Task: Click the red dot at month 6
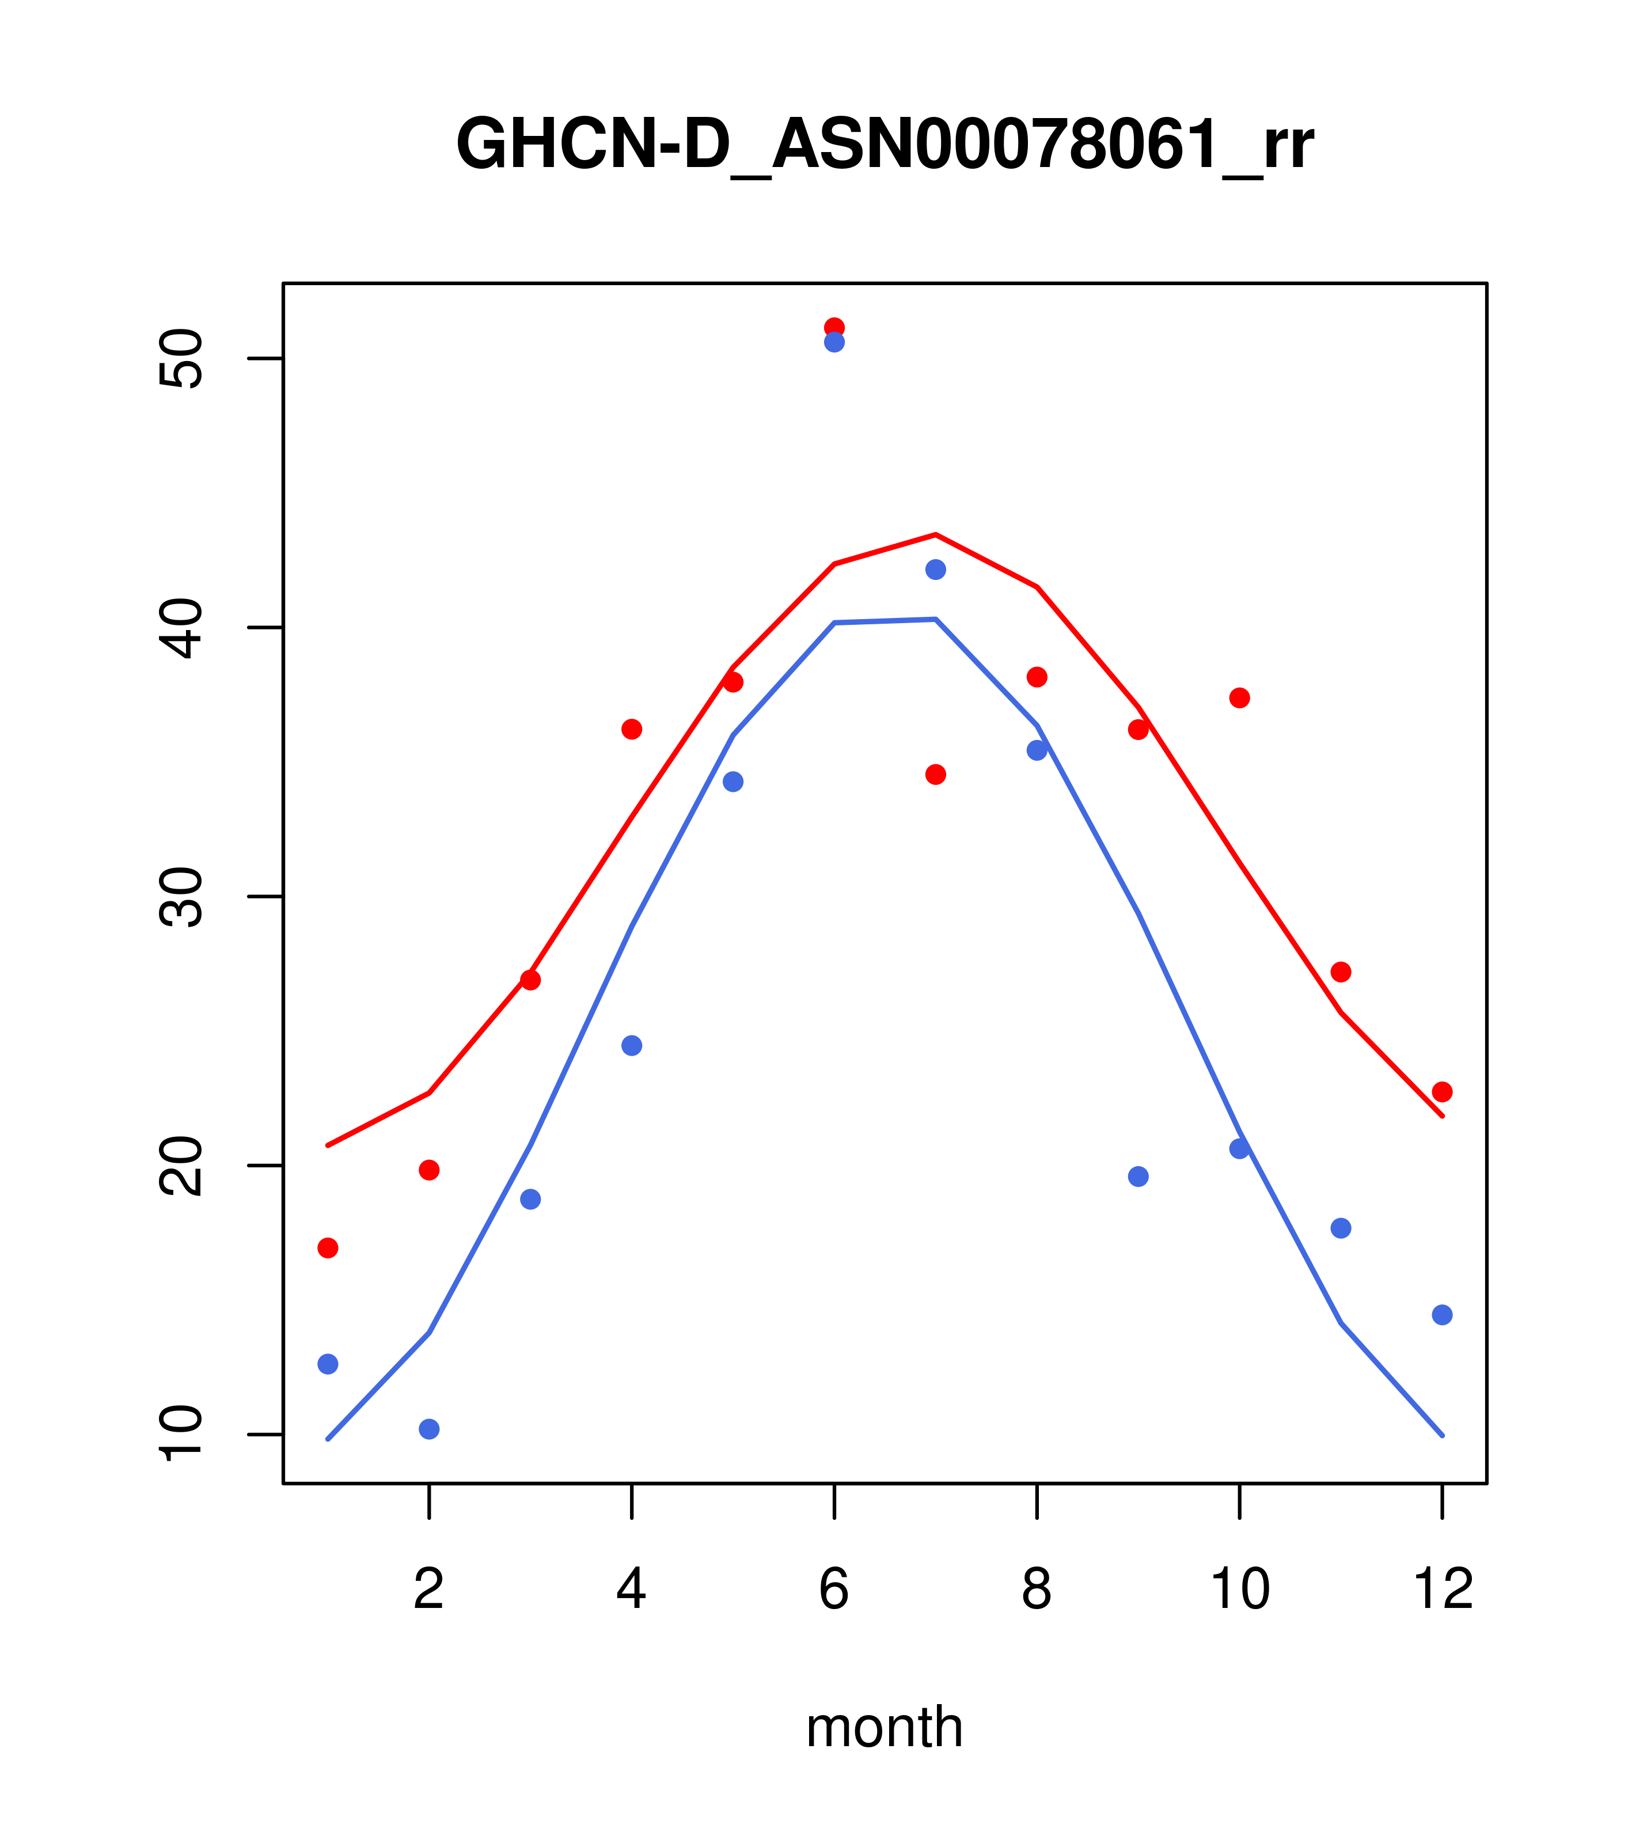pyautogui.click(x=834, y=327)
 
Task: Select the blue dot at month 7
pyautogui.click(x=936, y=570)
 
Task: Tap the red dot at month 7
pyautogui.click(x=936, y=774)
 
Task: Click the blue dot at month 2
pyautogui.click(x=430, y=1429)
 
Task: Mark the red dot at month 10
pyautogui.click(x=1239, y=698)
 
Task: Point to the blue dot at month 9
pyautogui.click(x=1138, y=1177)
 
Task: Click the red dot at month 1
pyautogui.click(x=328, y=1247)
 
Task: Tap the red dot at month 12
pyautogui.click(x=1443, y=1093)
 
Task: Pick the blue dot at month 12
pyautogui.click(x=1443, y=1315)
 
